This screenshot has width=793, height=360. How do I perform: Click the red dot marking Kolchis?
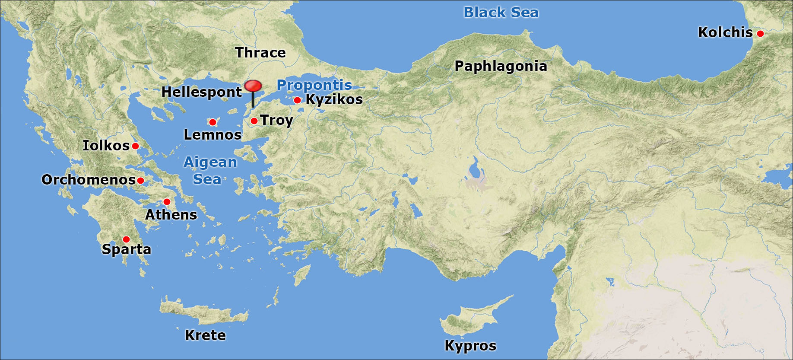tap(760, 33)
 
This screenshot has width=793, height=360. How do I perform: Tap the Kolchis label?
tap(725, 32)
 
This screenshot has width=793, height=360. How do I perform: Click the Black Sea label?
tap(501, 13)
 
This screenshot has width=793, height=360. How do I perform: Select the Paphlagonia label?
tap(501, 66)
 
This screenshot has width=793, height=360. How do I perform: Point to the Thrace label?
tap(260, 53)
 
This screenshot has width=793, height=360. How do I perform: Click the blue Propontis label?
tap(314, 85)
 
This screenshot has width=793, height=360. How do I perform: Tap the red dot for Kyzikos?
tap(297, 100)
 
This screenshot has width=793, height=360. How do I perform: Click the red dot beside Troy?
tap(254, 121)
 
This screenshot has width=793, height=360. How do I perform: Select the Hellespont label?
tap(201, 92)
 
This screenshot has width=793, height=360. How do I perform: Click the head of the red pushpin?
tap(253, 86)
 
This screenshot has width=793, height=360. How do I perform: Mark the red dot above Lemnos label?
tap(213, 122)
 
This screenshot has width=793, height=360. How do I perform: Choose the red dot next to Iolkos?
tap(135, 146)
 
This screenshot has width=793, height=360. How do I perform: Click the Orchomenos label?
tap(89, 180)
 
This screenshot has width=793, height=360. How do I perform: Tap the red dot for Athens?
tap(167, 202)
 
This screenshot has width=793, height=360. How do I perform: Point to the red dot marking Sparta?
tap(126, 239)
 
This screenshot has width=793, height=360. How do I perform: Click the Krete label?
tap(205, 335)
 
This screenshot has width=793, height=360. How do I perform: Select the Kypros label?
tap(470, 346)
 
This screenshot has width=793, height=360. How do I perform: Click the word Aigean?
tap(210, 162)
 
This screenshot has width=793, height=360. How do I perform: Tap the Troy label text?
tap(276, 120)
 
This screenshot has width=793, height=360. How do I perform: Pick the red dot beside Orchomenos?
tap(140, 181)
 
